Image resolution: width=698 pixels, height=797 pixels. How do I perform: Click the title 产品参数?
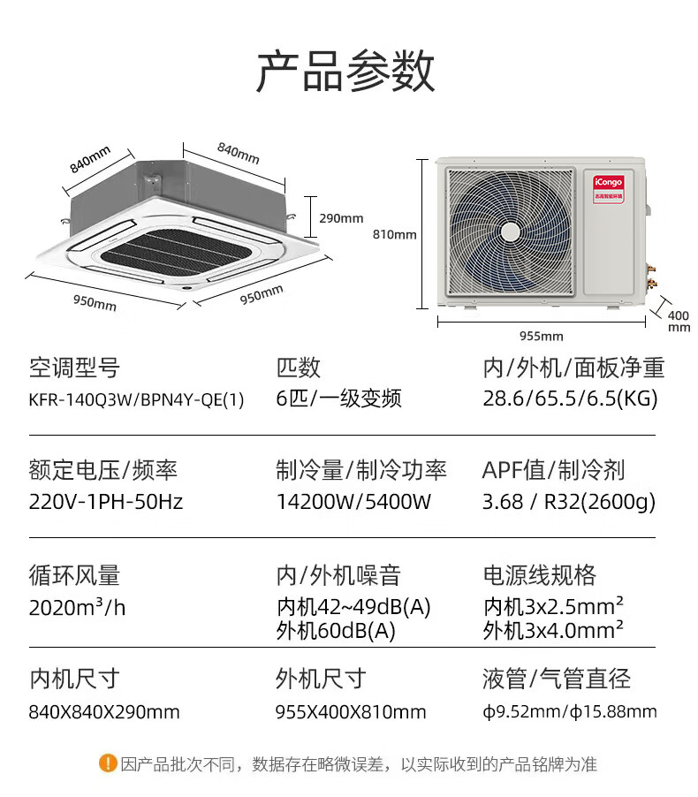coord(345,72)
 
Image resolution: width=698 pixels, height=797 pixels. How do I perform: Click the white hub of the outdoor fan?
coord(510,232)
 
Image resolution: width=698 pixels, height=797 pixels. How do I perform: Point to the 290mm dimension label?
coord(341,218)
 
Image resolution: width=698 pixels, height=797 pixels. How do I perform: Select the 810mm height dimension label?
coord(395,235)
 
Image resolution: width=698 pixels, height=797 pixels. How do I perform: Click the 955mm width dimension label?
coord(541,336)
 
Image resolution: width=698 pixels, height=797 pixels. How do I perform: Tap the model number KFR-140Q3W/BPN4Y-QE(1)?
coord(136,399)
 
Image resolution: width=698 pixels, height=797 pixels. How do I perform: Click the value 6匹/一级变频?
coord(338,399)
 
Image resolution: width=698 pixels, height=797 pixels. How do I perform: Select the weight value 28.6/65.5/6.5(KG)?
coord(570,399)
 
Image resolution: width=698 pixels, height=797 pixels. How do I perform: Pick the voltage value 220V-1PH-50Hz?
coord(106,503)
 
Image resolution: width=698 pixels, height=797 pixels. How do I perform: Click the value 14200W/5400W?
coord(353,503)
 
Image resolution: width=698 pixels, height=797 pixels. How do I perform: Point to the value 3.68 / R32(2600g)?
coord(569,503)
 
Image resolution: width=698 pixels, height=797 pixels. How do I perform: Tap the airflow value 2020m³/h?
coord(76,608)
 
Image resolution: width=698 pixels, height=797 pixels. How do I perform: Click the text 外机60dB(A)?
coord(336,631)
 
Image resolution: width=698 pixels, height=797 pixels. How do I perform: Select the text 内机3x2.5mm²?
coord(554,608)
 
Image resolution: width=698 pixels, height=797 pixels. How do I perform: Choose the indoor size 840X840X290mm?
coord(104,711)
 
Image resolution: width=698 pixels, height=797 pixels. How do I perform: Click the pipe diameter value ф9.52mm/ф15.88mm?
coord(570,711)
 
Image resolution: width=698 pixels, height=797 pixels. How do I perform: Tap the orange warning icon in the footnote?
coord(108,763)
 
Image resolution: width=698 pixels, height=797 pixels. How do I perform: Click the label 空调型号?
coord(74,368)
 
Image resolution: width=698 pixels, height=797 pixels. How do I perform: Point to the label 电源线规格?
coord(539,576)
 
